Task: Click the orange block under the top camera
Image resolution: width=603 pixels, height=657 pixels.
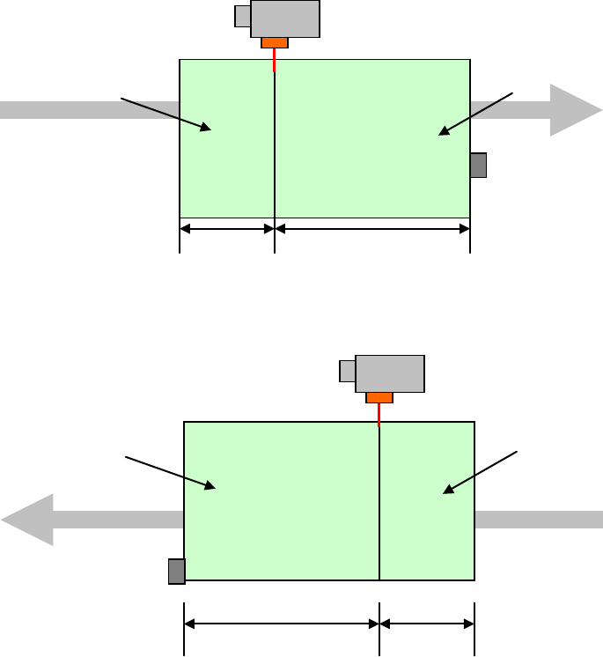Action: [x=275, y=42]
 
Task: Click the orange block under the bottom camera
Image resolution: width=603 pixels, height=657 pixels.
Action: [x=379, y=397]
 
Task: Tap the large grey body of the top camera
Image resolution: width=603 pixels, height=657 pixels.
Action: [x=285, y=18]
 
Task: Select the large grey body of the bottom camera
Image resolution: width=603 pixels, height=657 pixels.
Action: [x=390, y=373]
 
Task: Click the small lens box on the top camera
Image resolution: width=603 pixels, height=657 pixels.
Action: [x=243, y=16]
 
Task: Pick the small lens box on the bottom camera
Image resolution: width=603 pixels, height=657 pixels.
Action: [x=347, y=371]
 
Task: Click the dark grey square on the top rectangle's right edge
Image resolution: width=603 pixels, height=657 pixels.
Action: [x=478, y=165]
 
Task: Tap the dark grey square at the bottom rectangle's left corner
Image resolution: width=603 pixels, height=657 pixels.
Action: [x=177, y=572]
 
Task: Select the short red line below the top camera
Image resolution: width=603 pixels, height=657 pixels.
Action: [x=275, y=60]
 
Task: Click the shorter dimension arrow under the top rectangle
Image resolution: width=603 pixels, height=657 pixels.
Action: [x=227, y=230]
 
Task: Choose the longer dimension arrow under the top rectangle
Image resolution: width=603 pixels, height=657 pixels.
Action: [x=372, y=230]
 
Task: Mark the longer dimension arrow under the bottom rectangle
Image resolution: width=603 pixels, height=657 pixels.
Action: [x=281, y=624]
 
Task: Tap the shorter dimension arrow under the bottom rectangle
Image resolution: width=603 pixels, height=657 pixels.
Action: [x=427, y=624]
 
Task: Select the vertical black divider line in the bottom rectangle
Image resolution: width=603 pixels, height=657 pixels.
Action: [x=379, y=502]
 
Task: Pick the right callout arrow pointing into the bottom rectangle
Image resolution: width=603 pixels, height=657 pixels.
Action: [x=480, y=470]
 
